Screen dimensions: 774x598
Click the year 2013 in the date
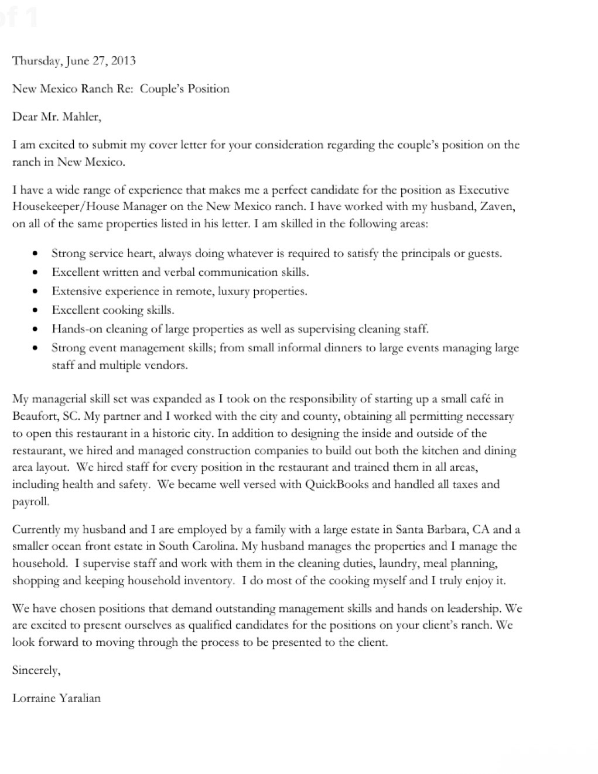point(122,60)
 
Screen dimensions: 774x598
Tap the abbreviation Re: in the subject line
point(126,88)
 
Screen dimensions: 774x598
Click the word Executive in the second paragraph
point(484,190)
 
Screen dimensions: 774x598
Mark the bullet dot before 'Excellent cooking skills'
point(36,310)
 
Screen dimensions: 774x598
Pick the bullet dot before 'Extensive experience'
point(36,291)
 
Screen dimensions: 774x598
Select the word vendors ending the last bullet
point(168,365)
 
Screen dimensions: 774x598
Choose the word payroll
point(30,502)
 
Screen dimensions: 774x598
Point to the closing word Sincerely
point(36,670)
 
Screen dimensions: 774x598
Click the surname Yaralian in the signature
point(80,698)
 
